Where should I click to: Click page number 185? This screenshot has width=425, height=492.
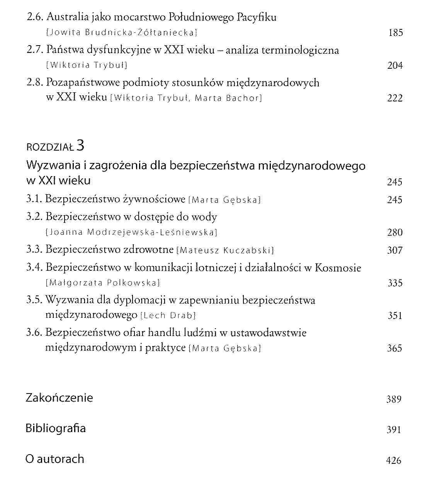tap(395, 33)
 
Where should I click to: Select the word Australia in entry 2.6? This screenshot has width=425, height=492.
tap(64, 17)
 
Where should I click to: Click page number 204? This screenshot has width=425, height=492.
tap(395, 66)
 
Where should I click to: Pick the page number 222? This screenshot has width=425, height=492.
tap(395, 98)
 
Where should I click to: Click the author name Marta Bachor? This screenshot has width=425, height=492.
tap(228, 98)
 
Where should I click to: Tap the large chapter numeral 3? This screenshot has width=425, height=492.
tap(80, 145)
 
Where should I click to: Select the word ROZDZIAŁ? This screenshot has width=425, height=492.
tap(50, 147)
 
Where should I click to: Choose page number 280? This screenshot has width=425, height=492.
tap(395, 232)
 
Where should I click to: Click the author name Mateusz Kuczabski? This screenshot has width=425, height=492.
tap(225, 251)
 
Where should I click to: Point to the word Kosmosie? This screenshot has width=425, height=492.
tap(338, 268)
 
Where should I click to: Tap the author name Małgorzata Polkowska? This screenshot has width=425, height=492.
tap(103, 283)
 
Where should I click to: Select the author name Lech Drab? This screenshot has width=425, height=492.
tap(168, 316)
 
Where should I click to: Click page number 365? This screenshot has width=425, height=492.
tap(395, 348)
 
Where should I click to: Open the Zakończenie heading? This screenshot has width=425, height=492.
tap(59, 398)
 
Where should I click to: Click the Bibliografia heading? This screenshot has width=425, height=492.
tap(56, 428)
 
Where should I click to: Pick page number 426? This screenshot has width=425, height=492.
tap(394, 460)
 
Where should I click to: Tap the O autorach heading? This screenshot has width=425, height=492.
tap(55, 459)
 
